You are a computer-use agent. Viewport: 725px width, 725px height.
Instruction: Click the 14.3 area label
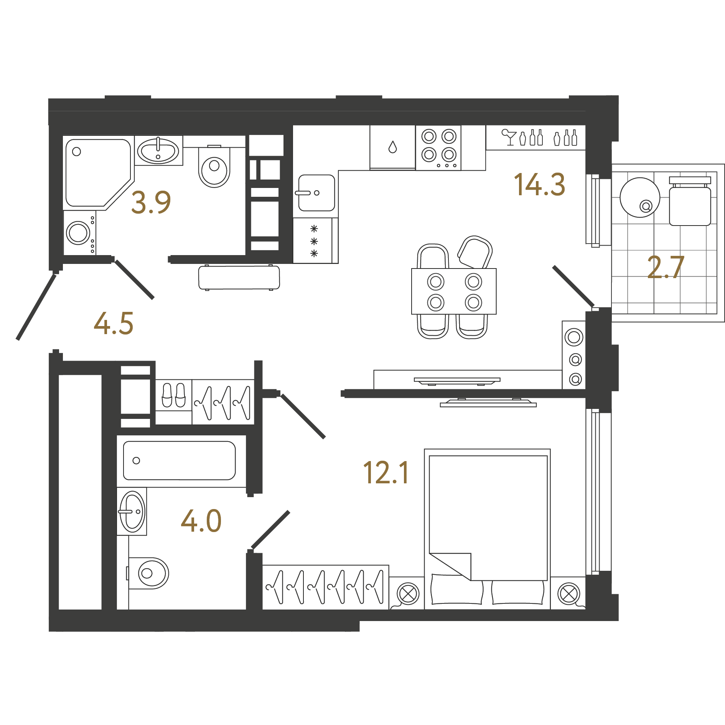pos(539,185)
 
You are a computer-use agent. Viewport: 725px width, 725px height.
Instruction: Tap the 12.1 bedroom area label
pos(386,472)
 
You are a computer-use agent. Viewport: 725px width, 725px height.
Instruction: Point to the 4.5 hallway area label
pos(114,323)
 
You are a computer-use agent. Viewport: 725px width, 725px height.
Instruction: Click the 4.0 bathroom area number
pos(201,521)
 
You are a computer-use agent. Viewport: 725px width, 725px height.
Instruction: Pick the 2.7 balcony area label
pos(666,267)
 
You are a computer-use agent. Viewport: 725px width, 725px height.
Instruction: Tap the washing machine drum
pos(78,232)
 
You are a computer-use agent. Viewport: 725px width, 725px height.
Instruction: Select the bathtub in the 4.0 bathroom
pos(180,460)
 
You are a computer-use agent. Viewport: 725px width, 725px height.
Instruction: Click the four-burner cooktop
pos(438,148)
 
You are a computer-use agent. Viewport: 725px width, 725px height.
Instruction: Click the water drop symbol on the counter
pos(392,147)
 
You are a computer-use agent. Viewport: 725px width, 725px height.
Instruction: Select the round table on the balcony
pos(640,198)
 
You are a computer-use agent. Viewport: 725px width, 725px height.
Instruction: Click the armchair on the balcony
pos(690,201)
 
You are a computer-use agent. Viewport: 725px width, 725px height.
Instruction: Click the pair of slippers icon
pos(174,395)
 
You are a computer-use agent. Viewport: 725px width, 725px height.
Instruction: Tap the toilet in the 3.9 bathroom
pos(214,166)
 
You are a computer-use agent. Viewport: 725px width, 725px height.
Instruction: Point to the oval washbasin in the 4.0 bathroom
pos(132,511)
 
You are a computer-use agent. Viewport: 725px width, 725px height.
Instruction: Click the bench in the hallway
pos(239,277)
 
